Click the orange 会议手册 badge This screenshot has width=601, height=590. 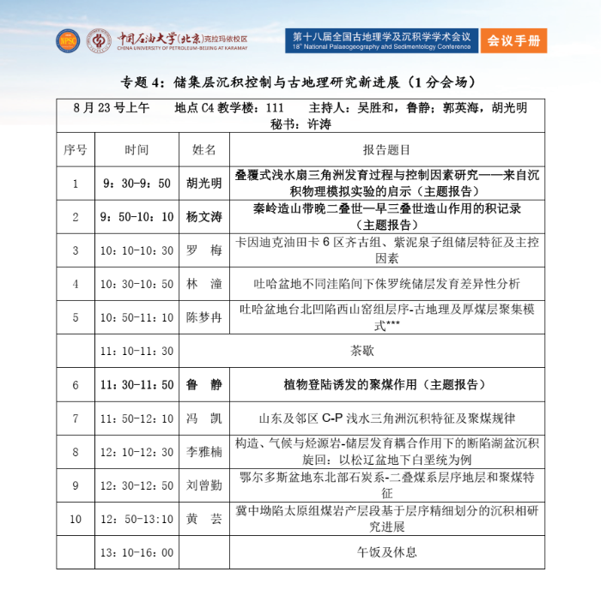point(513,40)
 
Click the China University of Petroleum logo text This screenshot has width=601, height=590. point(181,40)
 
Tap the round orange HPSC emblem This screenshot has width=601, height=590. point(67,40)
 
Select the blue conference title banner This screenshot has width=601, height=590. point(381,40)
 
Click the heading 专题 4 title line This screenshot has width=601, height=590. point(300,83)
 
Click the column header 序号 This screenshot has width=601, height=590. point(75,149)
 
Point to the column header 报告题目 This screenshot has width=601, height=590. point(386,149)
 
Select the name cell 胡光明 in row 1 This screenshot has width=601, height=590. point(204,183)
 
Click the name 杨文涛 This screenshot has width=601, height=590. point(204,216)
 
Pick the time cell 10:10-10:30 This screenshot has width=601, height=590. point(137,250)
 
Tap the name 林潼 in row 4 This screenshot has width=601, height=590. point(204,284)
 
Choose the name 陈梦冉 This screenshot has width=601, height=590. point(204,317)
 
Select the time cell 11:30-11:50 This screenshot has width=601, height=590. point(137,385)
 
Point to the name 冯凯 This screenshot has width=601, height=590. point(204,418)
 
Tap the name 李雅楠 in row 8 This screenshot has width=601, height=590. point(204,452)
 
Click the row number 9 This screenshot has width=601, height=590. point(75,485)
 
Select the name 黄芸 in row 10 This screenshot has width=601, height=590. point(204,519)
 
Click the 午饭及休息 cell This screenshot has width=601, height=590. point(386,552)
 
